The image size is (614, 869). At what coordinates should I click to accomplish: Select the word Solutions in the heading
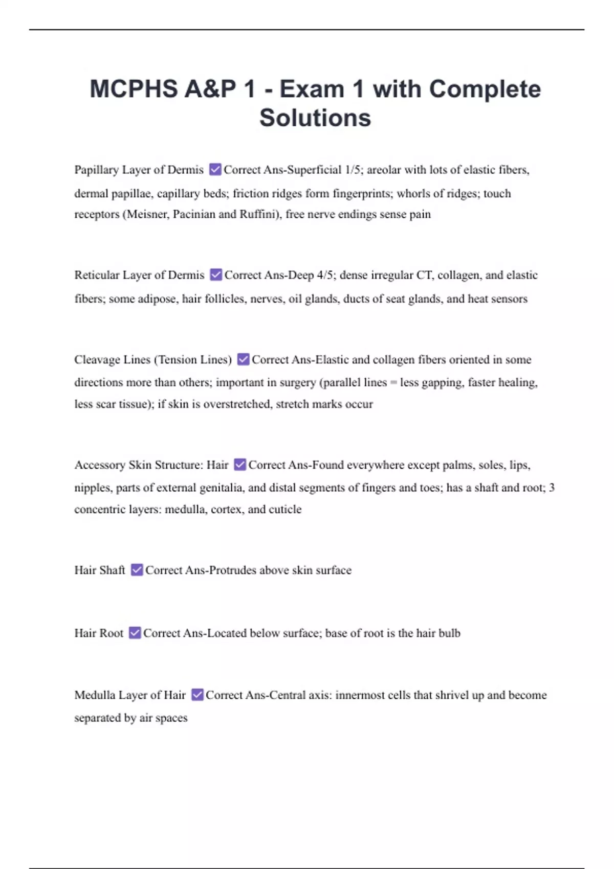[315, 118]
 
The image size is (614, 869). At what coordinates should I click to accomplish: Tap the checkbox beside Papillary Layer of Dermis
[215, 169]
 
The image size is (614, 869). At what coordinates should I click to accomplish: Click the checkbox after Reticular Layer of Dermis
[216, 275]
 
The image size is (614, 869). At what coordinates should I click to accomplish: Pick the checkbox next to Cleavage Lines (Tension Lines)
[244, 359]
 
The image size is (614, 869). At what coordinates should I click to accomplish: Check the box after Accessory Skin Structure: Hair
[240, 465]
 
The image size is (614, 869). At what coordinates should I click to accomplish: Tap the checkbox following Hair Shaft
[137, 569]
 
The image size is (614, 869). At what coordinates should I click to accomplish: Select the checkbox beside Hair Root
[135, 633]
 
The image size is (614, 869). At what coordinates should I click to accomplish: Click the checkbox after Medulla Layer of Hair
[197, 695]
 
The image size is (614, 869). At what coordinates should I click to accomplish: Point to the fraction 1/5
[353, 170]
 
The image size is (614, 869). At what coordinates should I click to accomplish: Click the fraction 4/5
[325, 275]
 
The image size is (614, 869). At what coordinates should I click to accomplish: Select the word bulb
[449, 633]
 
